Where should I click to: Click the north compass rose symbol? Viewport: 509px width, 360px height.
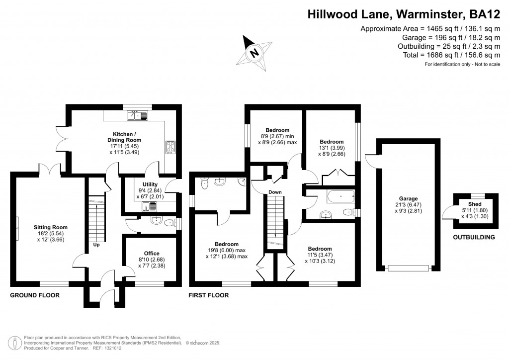tap(254, 51)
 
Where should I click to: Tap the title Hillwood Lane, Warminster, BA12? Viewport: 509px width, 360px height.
tap(403, 15)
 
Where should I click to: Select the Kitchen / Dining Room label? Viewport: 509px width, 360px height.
tap(127, 137)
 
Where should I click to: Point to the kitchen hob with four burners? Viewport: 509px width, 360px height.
tap(170, 148)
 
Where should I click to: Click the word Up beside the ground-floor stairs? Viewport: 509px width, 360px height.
tap(96, 245)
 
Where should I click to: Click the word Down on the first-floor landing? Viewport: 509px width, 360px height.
tap(275, 192)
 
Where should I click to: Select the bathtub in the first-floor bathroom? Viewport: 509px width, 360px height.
tap(340, 197)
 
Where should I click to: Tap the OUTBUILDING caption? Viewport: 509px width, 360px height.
tap(474, 237)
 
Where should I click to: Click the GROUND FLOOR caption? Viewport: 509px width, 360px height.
tap(35, 295)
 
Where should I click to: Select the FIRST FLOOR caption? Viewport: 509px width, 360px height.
tap(208, 295)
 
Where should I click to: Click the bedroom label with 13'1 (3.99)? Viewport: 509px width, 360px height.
tap(332, 142)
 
